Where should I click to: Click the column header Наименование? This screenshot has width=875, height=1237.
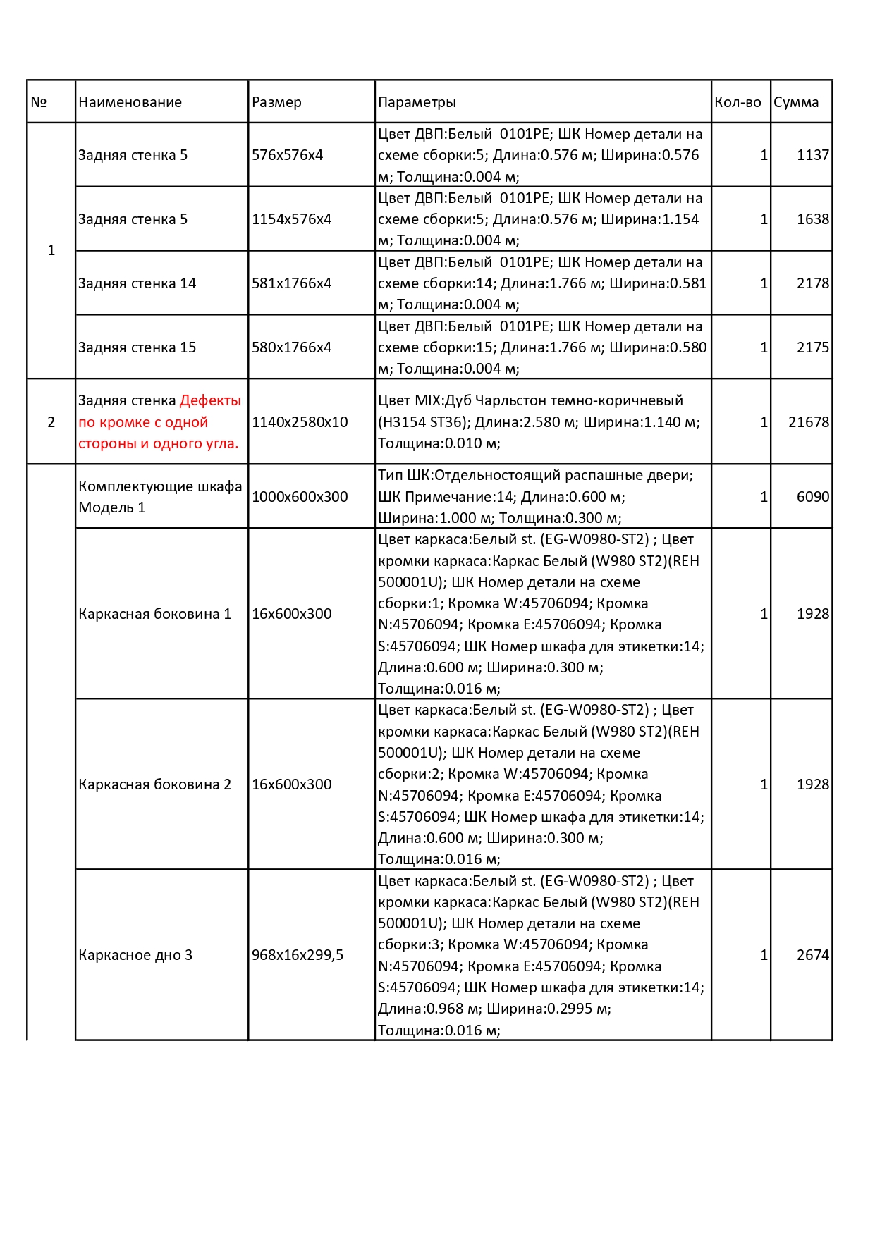[x=130, y=102]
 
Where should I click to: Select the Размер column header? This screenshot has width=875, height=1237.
[x=276, y=102]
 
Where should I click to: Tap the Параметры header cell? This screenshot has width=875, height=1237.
[x=417, y=102]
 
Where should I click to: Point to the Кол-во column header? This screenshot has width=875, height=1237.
[x=738, y=102]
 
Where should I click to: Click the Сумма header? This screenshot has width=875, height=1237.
[x=796, y=102]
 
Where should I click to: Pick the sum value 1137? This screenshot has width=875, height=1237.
[x=812, y=155]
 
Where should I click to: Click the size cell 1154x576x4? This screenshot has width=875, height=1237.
[x=291, y=219]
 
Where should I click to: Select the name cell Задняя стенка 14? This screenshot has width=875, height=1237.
[x=137, y=283]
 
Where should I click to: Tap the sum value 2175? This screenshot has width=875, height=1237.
[x=812, y=347]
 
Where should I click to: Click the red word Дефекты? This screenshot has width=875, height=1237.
[x=210, y=400]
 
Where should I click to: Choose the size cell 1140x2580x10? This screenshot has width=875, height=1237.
[x=300, y=422]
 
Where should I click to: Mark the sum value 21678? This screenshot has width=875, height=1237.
[x=808, y=422]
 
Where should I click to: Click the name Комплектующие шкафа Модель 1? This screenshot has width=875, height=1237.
[x=160, y=497]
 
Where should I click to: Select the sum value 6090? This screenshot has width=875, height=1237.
[x=812, y=497]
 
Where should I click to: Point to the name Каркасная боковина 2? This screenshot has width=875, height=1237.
[x=154, y=784]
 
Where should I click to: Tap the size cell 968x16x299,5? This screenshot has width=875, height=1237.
[x=298, y=955]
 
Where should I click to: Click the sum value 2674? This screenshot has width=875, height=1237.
[x=812, y=955]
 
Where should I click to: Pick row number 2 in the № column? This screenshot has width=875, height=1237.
[x=51, y=422]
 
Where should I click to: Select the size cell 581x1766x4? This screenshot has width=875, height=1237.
[x=291, y=283]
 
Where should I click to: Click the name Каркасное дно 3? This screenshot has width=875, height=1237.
[x=135, y=955]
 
